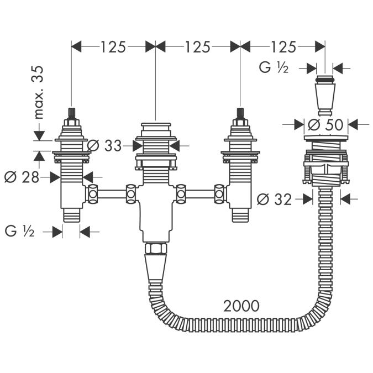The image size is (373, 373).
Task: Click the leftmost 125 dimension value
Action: [113, 47]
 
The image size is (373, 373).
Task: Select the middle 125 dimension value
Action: [197, 47]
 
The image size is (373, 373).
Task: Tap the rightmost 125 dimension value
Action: [282, 47]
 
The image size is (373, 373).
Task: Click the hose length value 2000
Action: [241, 305]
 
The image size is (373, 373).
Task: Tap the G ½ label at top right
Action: [275, 68]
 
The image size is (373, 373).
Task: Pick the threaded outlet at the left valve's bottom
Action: [71, 216]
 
